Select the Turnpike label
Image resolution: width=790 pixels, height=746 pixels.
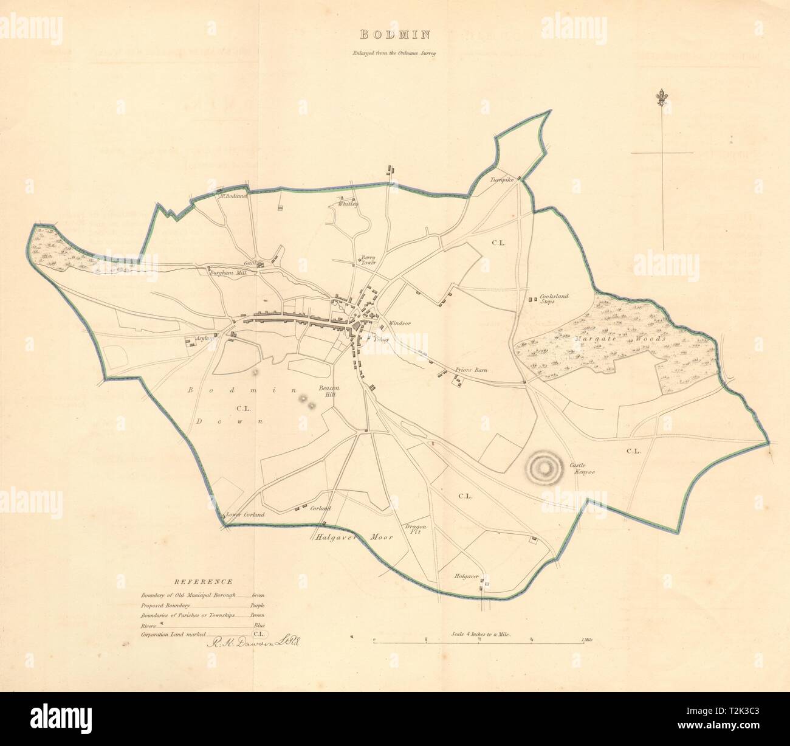(503, 181)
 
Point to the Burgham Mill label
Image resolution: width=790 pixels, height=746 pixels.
(227, 274)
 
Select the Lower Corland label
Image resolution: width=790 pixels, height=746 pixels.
(245, 515)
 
